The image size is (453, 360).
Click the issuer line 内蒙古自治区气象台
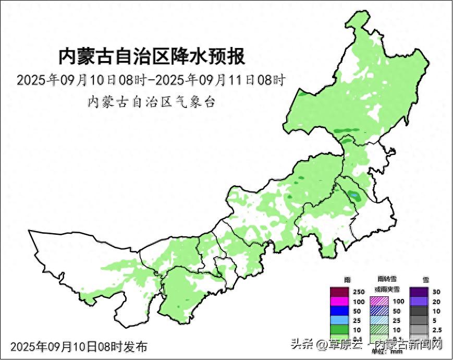(x=151, y=102)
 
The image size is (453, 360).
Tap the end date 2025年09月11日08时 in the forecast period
(x=221, y=80)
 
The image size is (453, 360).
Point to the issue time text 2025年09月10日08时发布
(x=79, y=346)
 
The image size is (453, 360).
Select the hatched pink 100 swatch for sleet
(x=379, y=302)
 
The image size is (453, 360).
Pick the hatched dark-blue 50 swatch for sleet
(x=379, y=311)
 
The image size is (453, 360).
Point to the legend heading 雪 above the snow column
(x=426, y=280)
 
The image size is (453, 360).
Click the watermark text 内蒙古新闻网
(x=409, y=345)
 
